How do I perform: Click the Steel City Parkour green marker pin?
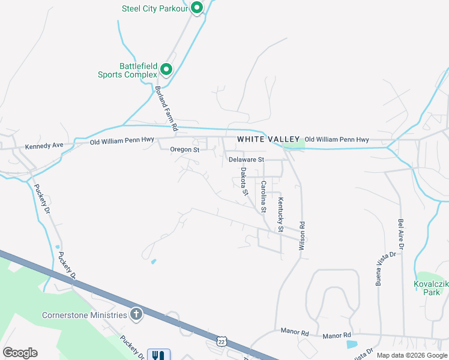click(196, 8)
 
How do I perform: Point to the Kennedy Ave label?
click(44, 146)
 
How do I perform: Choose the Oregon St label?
click(184, 149)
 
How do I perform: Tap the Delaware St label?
click(246, 160)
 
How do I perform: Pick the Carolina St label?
click(264, 196)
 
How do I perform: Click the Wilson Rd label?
click(303, 235)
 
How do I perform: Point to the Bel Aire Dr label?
click(400, 234)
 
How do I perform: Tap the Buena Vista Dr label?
click(378, 268)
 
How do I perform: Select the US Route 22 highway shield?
click(222, 340)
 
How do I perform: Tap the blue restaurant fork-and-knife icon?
click(158, 355)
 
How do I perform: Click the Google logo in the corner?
click(20, 353)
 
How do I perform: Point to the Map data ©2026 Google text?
click(412, 355)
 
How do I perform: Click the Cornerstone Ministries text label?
click(85, 315)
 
